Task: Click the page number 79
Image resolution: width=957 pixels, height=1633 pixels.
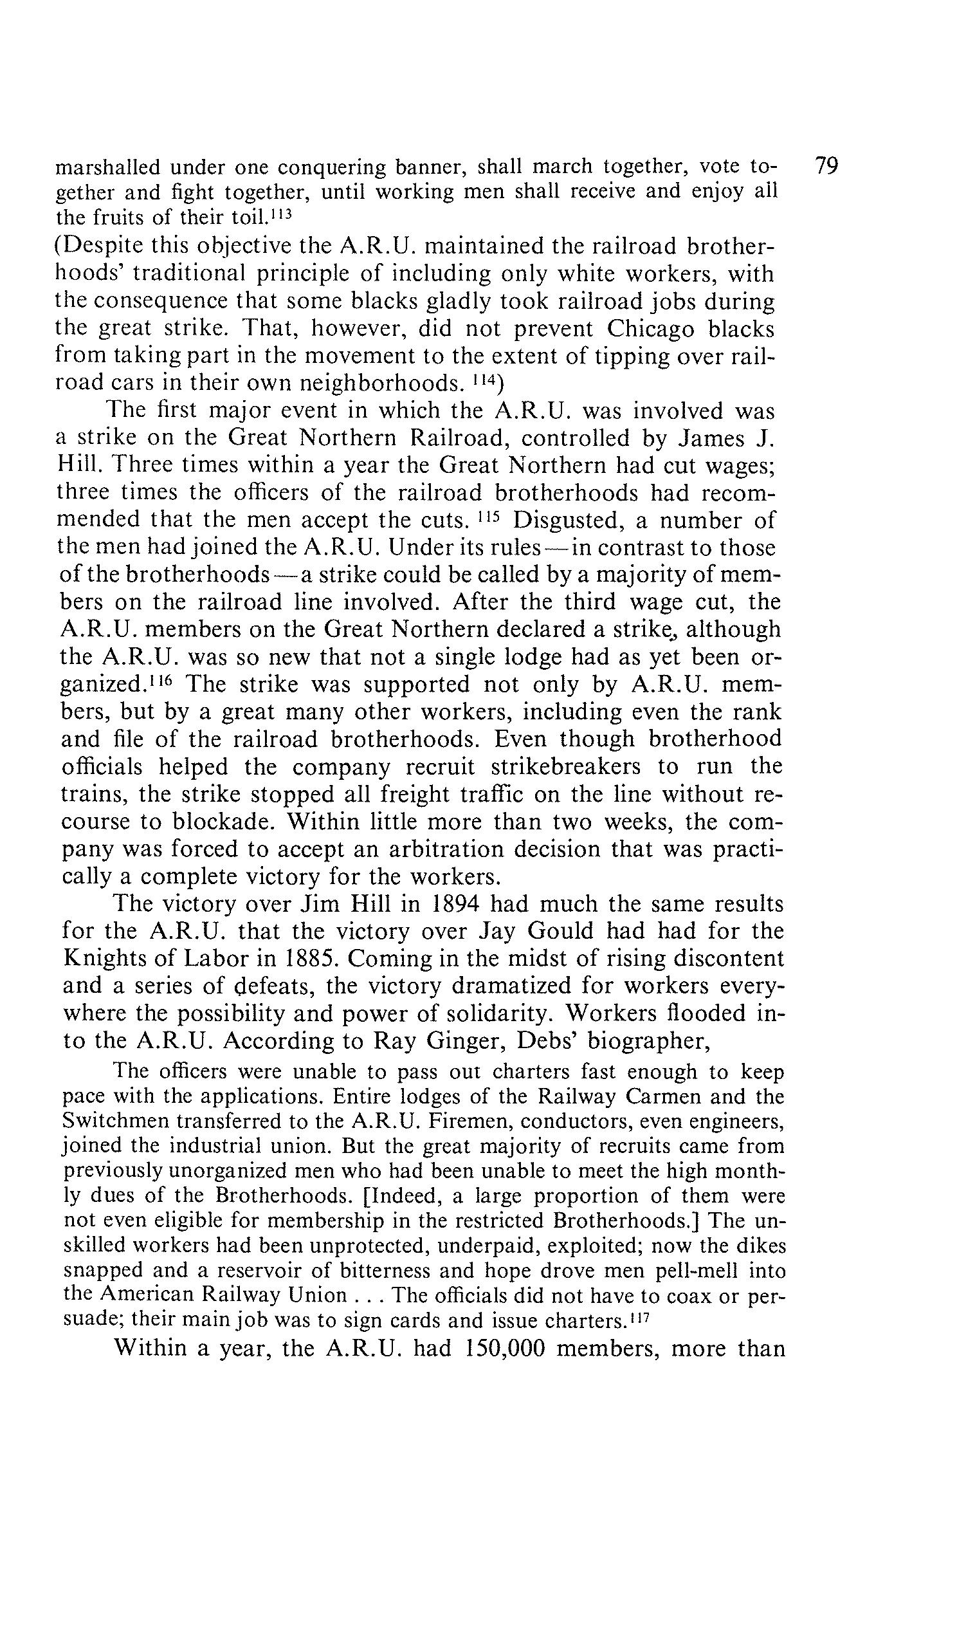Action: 827,167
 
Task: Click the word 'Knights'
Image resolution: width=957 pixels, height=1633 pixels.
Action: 105,959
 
